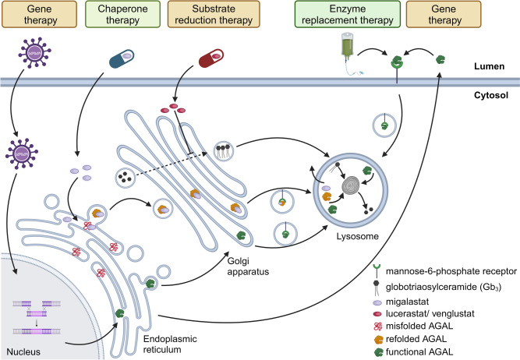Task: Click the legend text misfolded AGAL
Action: point(454,317)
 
